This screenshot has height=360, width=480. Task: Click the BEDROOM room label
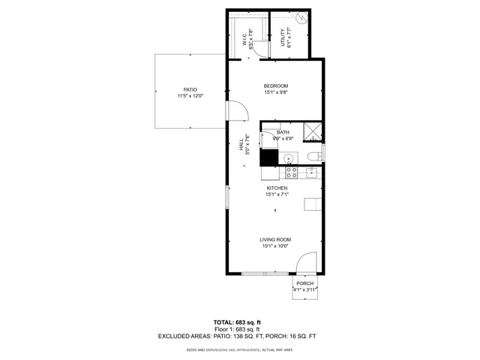point(275,87)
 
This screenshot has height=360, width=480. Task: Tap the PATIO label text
point(190,89)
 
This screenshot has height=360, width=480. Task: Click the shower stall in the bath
point(313,133)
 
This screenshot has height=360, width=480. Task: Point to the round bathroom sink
point(286,158)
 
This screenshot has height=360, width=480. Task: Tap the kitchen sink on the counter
point(311,173)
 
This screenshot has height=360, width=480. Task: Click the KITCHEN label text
point(277,188)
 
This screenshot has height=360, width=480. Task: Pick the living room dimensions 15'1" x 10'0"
point(275,246)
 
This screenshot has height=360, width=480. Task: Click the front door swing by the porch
point(306,264)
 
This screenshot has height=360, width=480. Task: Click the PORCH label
point(304,283)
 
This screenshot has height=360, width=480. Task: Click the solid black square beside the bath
point(268,158)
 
